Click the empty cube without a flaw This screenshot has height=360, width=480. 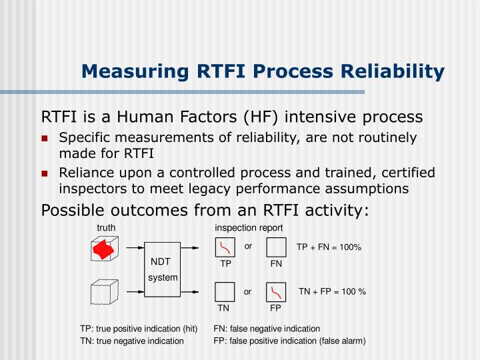point(103,291)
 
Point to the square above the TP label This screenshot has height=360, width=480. point(225,248)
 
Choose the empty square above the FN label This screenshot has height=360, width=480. point(276,248)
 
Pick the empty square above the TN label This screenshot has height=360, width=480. point(225,292)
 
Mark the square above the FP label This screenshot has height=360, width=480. point(276,292)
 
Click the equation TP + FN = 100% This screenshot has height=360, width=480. point(329,247)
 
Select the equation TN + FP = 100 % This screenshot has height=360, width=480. point(332,291)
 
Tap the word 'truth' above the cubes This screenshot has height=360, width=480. point(106,228)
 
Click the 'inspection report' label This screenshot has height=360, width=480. point(249,228)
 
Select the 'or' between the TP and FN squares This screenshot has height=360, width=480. point(247,246)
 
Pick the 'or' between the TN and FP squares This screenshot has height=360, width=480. point(247,291)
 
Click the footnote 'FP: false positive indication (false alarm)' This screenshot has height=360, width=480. point(289,341)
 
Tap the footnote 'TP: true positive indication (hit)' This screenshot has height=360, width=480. point(139,329)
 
